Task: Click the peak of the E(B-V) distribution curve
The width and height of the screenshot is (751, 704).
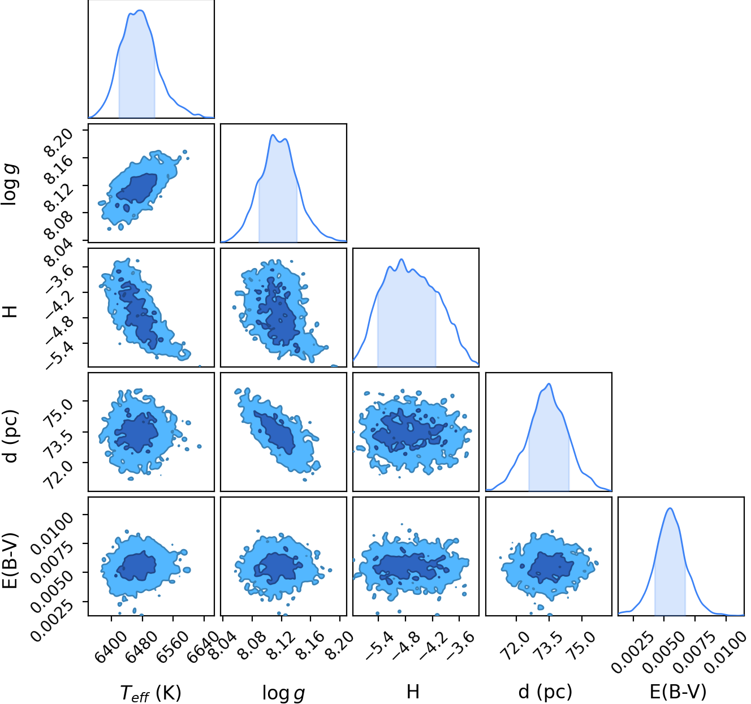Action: click(670, 508)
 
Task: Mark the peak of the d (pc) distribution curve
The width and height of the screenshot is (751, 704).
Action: click(549, 384)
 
